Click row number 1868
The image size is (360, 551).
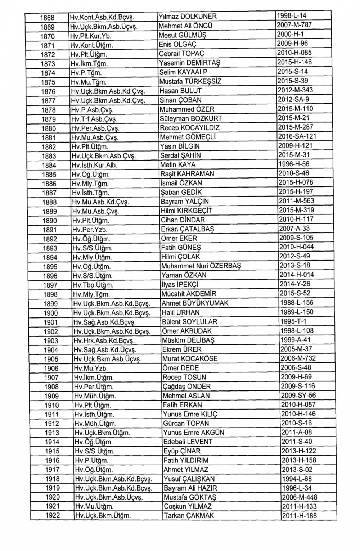pyautogui.click(x=47, y=18)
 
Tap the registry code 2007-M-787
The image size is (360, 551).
pyautogui.click(x=294, y=25)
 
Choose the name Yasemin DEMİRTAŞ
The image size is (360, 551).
pyautogui.click(x=190, y=63)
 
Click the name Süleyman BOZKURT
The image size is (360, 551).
pyautogui.click(x=191, y=118)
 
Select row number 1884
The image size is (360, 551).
pyautogui.click(x=49, y=166)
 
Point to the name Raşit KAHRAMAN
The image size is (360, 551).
pyautogui.click(x=187, y=174)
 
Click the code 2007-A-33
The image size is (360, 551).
pyautogui.click(x=294, y=229)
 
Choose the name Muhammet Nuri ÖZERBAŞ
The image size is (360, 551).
pyautogui.click(x=201, y=266)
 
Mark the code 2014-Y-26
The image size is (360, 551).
pyautogui.click(x=295, y=284)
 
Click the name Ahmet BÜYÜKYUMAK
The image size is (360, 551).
pyautogui.click(x=195, y=303)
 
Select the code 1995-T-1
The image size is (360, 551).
pyautogui.click(x=293, y=321)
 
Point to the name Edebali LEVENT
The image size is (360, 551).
pyautogui.click(x=188, y=442)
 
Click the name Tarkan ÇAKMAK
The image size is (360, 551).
pyautogui.click(x=189, y=515)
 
